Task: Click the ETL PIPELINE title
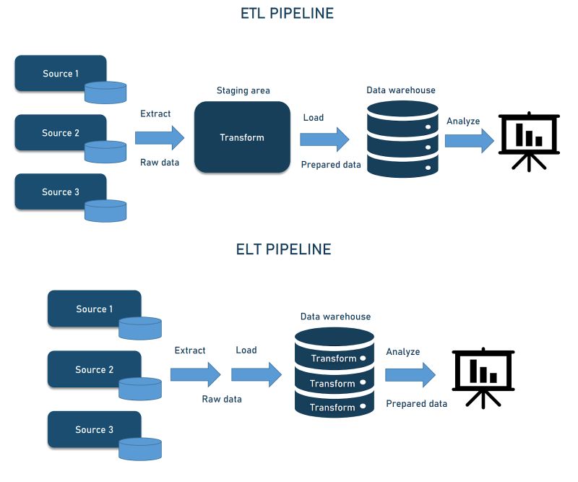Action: pyautogui.click(x=287, y=13)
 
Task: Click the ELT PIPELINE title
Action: pyautogui.click(x=283, y=249)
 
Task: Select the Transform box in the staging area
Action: pyautogui.click(x=242, y=137)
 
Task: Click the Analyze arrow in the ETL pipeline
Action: pyautogui.click(x=468, y=140)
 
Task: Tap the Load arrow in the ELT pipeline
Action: pyautogui.click(x=256, y=374)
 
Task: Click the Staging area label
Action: pyautogui.click(x=243, y=90)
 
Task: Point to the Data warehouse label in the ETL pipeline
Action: pyautogui.click(x=401, y=90)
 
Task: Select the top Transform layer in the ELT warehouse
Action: pyautogui.click(x=334, y=358)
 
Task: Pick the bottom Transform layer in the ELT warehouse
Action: pyautogui.click(x=334, y=408)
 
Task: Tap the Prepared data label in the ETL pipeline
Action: pyautogui.click(x=331, y=165)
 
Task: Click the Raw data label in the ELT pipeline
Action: pyautogui.click(x=222, y=399)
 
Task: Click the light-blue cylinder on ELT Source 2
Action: pyautogui.click(x=141, y=390)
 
